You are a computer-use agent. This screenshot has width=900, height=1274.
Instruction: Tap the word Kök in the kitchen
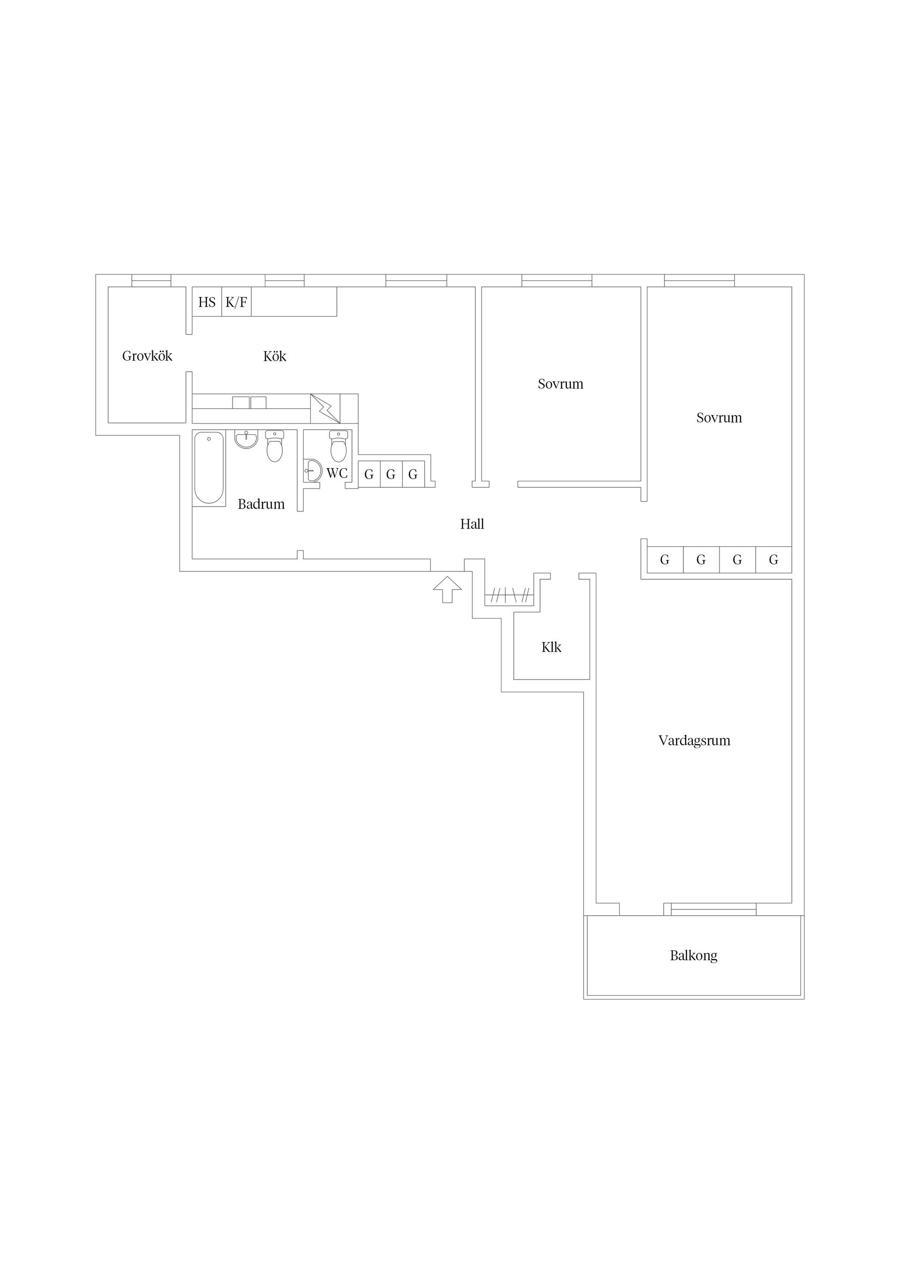[x=275, y=356]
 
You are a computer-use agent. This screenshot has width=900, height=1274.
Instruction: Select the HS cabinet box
[x=207, y=302]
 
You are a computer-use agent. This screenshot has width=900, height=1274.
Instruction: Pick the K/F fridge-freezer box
[x=236, y=302]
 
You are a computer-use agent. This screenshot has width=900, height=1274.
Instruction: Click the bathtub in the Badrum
[x=209, y=468]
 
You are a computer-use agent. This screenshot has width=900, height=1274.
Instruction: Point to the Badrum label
[x=261, y=504]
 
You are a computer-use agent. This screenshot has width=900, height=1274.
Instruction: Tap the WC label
[x=337, y=473]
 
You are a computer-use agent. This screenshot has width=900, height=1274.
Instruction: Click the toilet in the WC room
[x=338, y=446]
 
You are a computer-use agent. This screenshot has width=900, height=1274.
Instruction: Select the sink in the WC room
[x=313, y=471]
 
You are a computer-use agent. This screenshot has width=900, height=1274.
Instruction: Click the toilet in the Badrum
[x=275, y=446]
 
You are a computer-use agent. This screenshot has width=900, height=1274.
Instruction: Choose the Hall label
[x=472, y=524]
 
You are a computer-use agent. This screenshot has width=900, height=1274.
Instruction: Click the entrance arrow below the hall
[x=448, y=589]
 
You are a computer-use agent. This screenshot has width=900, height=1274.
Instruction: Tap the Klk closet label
[x=551, y=647]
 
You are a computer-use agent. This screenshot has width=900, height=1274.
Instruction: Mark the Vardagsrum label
[x=694, y=740]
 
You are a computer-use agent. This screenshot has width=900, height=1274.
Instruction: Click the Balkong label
[x=694, y=955]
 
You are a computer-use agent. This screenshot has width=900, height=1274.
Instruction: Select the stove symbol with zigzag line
[x=325, y=409]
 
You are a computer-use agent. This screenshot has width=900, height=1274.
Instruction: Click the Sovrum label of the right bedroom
[x=719, y=417]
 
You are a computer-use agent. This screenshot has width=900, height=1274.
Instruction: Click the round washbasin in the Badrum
[x=246, y=439]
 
